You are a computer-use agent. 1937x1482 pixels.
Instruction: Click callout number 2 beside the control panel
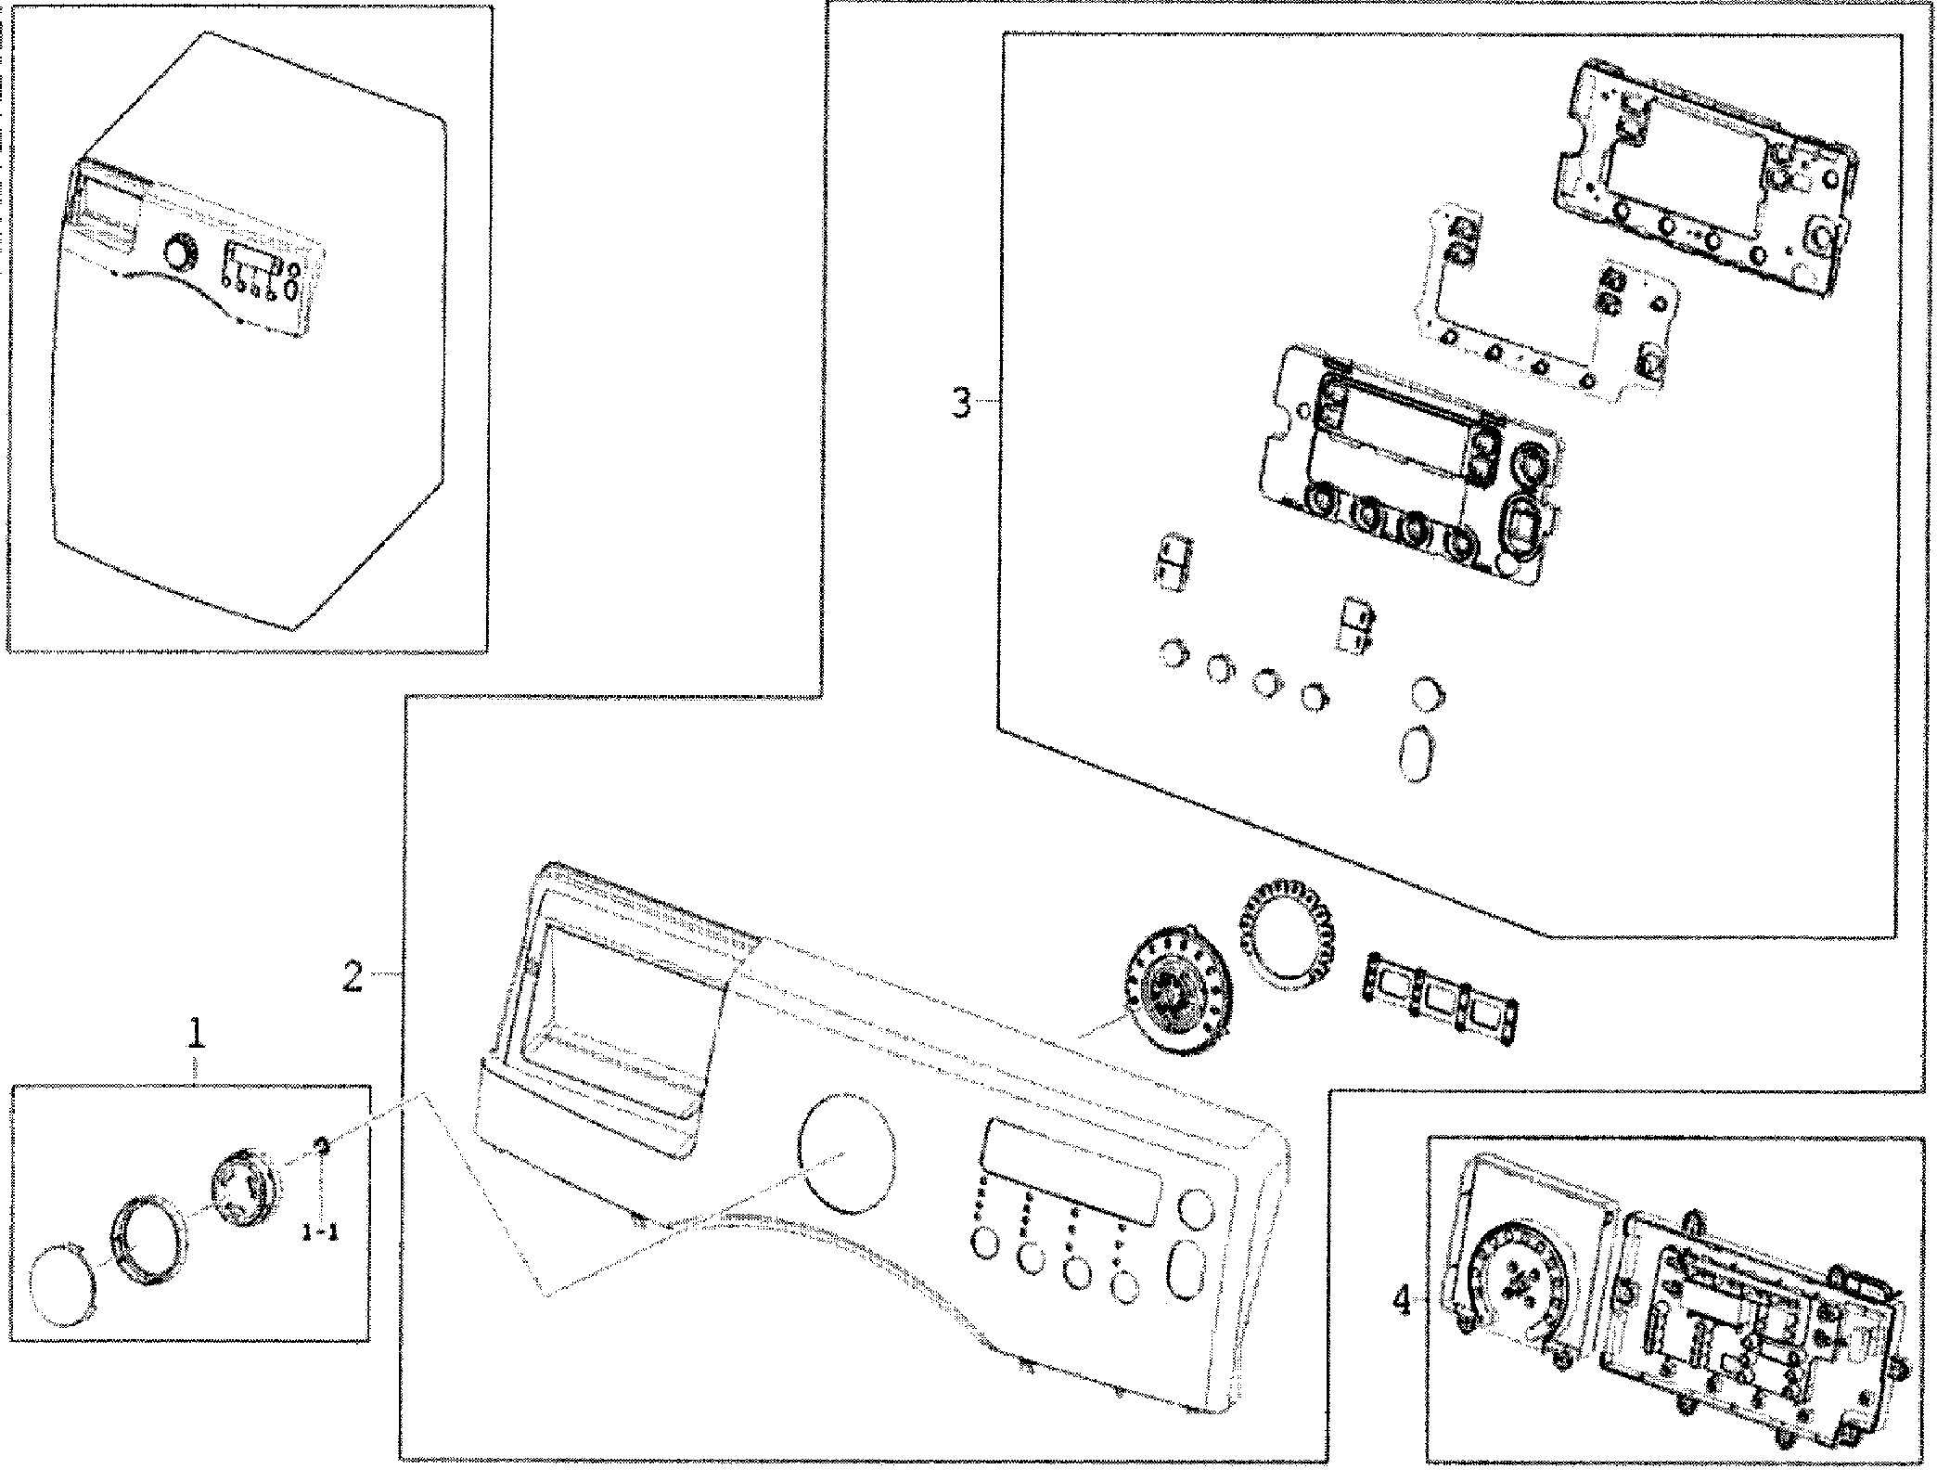tap(353, 976)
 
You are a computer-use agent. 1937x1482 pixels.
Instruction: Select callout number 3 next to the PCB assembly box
tap(962, 404)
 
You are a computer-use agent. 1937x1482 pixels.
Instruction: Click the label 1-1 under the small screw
tap(320, 1233)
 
